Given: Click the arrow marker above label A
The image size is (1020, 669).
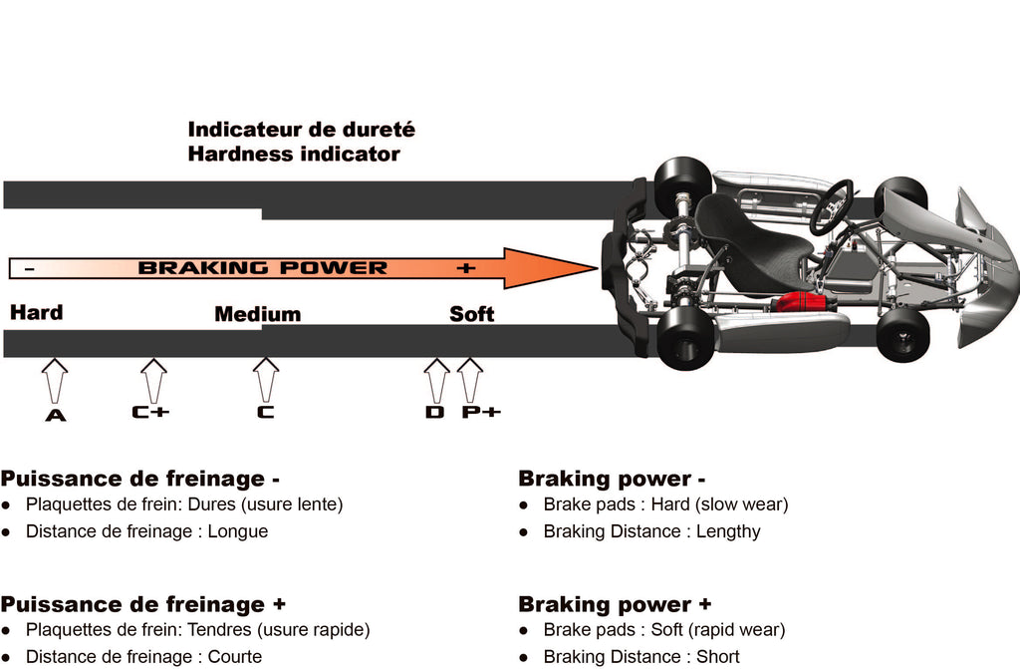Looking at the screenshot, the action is [x=55, y=381].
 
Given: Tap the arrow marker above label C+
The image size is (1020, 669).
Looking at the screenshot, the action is [x=153, y=381].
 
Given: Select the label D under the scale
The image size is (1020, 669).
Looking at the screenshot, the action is [x=434, y=412].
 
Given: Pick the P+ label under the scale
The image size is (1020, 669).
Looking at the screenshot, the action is [x=481, y=412].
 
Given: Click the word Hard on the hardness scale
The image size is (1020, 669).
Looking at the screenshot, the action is [x=37, y=312].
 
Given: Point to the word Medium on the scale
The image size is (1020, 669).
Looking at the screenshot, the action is [x=258, y=314].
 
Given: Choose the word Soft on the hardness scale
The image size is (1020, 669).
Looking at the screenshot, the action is [x=471, y=314].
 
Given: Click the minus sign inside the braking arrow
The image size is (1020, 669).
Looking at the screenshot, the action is [x=31, y=268].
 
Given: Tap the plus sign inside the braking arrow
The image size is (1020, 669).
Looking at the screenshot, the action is [x=466, y=268].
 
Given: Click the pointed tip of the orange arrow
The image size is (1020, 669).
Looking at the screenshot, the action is [x=598, y=267].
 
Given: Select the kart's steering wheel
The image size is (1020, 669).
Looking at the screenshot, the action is [x=831, y=207].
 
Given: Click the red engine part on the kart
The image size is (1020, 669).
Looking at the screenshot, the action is [x=802, y=303].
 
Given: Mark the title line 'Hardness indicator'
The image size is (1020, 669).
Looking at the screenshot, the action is [x=294, y=155].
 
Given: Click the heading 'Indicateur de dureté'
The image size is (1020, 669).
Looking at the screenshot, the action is [x=301, y=129].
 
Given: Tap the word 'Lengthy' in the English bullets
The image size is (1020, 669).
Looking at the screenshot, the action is [x=728, y=531].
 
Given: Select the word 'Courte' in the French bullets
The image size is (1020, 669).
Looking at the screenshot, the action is [x=235, y=657].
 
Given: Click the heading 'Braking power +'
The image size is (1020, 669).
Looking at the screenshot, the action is [x=615, y=604].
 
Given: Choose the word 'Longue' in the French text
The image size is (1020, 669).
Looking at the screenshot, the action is [x=238, y=531].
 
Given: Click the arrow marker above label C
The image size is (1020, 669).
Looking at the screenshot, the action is [x=265, y=381].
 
